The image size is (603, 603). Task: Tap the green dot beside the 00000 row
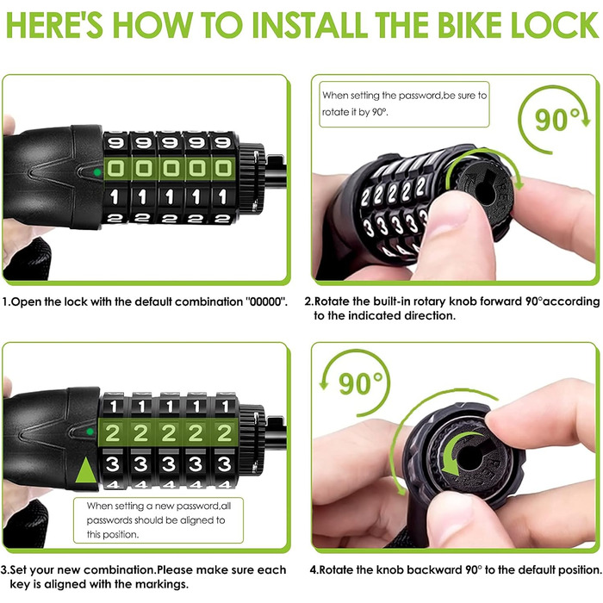point(97,172)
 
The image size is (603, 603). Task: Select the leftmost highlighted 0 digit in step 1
point(115,169)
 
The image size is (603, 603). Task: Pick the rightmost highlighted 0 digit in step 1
point(223,169)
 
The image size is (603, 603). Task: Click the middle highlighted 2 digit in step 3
point(169,433)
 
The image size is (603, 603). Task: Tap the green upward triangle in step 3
point(85,470)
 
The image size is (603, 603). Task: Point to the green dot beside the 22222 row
point(90,432)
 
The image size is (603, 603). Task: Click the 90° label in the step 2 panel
point(556,120)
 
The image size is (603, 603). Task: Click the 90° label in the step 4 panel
point(361,383)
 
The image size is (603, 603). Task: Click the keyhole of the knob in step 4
point(470,456)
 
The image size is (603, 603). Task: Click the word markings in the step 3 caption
point(162,585)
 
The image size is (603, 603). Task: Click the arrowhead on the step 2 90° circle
point(585,121)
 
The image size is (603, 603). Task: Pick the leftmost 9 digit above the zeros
point(115,143)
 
